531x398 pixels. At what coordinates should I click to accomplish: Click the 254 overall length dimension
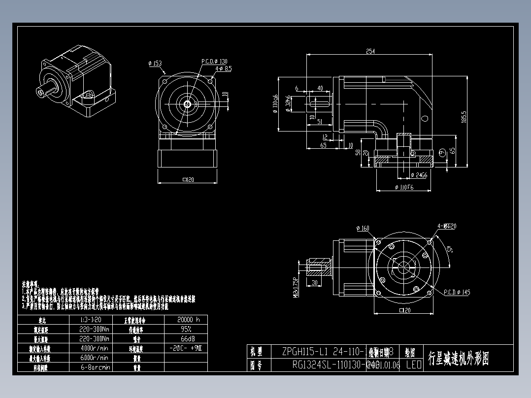(x=370, y=51)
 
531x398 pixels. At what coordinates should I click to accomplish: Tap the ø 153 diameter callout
(x=155, y=63)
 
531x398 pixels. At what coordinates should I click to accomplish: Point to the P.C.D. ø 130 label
(x=214, y=62)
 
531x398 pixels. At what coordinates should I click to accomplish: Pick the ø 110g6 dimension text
(x=275, y=104)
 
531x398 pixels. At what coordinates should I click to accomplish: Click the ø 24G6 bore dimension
(x=419, y=175)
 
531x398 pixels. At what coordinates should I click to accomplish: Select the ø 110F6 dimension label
(x=403, y=188)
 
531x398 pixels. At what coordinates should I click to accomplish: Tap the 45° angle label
(x=449, y=249)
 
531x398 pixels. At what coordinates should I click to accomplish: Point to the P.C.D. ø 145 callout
(x=457, y=292)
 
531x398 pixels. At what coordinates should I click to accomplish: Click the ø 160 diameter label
(x=362, y=228)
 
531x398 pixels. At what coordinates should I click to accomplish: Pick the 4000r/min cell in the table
(x=94, y=348)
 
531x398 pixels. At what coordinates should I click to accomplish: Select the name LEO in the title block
(x=414, y=365)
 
